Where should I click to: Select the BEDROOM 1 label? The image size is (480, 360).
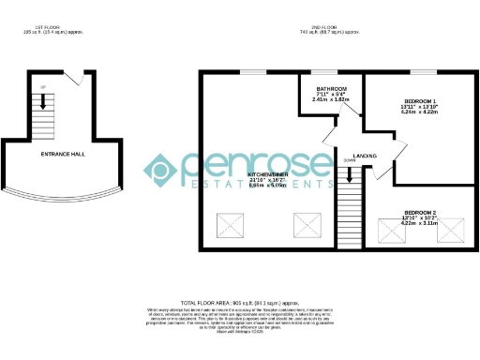[419, 100]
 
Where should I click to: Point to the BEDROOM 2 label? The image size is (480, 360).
[419, 213]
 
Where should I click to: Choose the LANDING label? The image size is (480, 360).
[365, 156]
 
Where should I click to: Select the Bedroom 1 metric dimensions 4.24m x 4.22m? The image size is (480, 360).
[419, 112]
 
